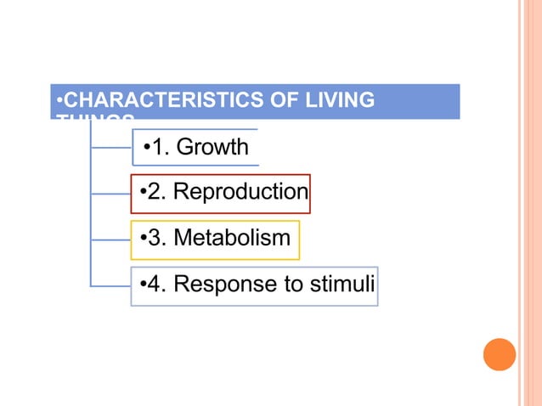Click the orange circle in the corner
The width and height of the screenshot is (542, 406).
(x=500, y=354)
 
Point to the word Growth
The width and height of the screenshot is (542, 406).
(x=212, y=148)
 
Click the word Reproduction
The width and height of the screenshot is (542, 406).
(x=240, y=192)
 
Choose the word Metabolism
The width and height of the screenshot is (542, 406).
(x=232, y=239)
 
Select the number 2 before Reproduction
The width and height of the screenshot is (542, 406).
(x=155, y=192)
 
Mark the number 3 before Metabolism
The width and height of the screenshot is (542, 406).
(x=155, y=239)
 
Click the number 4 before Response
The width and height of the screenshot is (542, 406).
(x=155, y=284)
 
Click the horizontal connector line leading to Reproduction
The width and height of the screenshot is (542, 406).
(x=110, y=194)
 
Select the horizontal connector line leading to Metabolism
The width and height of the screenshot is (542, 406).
(x=110, y=240)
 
